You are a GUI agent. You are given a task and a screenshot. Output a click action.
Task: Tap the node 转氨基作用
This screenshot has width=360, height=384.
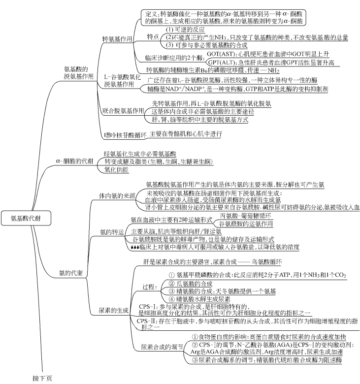(x=117, y=38)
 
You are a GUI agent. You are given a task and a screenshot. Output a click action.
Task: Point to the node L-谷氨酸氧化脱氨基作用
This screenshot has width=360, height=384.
(x=119, y=81)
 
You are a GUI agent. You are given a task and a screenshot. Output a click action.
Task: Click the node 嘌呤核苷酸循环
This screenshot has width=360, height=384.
(x=121, y=134)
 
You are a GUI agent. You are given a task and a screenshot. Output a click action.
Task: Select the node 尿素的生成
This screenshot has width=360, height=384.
(x=113, y=311)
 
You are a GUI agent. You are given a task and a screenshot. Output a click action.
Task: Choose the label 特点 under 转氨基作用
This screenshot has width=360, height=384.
(x=153, y=36)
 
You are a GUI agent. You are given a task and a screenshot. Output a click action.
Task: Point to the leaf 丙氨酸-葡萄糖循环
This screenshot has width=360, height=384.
(x=245, y=216)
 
